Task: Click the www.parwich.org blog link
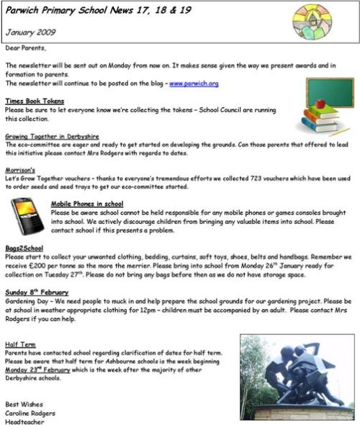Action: click(x=194, y=84)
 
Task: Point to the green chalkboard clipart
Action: click(x=330, y=92)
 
